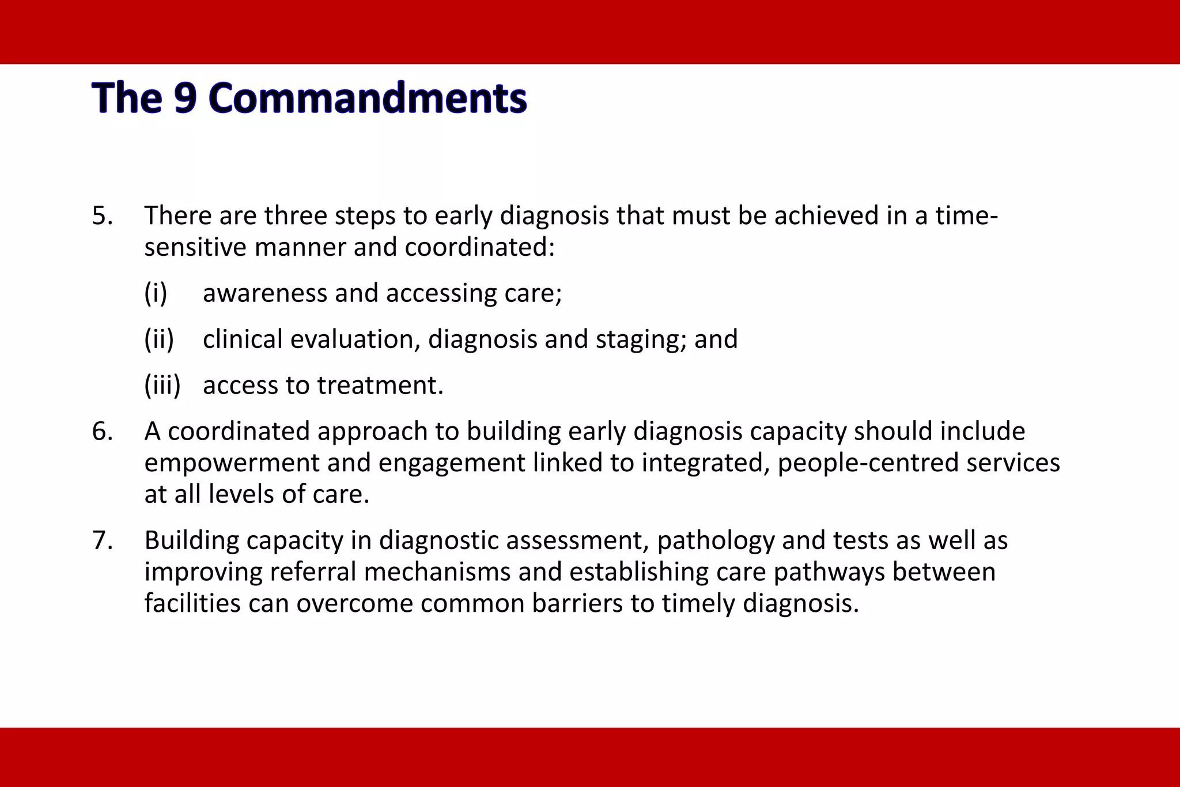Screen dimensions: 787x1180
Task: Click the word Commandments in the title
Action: (x=368, y=98)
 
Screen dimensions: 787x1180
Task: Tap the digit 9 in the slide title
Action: (x=186, y=98)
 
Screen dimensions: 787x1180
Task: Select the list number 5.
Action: (x=102, y=216)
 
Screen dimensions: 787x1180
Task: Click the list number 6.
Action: (x=102, y=432)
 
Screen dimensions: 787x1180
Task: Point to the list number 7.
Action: (x=102, y=541)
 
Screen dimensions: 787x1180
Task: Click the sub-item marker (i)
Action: (x=156, y=293)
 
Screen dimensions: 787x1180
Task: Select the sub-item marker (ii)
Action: (x=159, y=339)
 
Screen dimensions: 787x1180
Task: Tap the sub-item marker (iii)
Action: (x=162, y=385)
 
